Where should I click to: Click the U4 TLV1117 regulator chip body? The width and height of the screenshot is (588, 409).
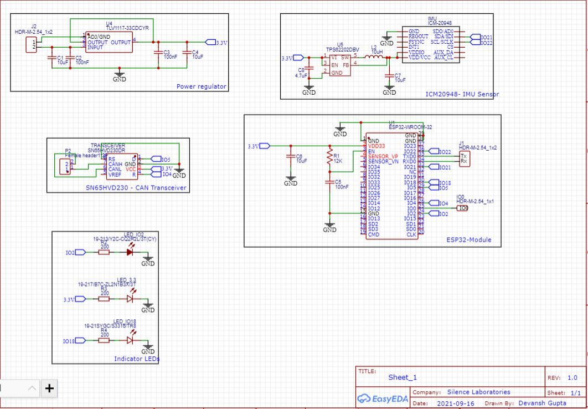pyautogui.click(x=110, y=43)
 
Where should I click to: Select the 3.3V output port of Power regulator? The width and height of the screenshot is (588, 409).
pyautogui.click(x=210, y=42)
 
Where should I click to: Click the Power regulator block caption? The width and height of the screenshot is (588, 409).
pyautogui.click(x=201, y=86)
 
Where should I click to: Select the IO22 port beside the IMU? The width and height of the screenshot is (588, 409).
pyautogui.click(x=475, y=43)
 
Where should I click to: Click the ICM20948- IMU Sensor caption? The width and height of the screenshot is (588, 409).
pyautogui.click(x=462, y=94)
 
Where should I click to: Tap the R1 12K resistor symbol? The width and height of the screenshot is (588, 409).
pyautogui.click(x=329, y=157)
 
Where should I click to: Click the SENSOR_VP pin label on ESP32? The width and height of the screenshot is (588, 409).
pyautogui.click(x=383, y=156)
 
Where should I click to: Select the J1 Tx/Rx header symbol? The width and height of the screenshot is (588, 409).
pyautogui.click(x=464, y=159)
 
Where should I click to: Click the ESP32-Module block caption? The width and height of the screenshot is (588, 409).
pyautogui.click(x=469, y=241)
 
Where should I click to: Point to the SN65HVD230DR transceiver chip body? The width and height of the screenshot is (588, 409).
pyautogui.click(x=122, y=166)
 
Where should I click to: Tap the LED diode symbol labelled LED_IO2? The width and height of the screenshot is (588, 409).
pyautogui.click(x=130, y=252)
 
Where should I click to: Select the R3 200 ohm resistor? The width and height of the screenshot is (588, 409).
pyautogui.click(x=104, y=299)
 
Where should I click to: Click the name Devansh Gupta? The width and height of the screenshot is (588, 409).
pyautogui.click(x=543, y=403)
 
